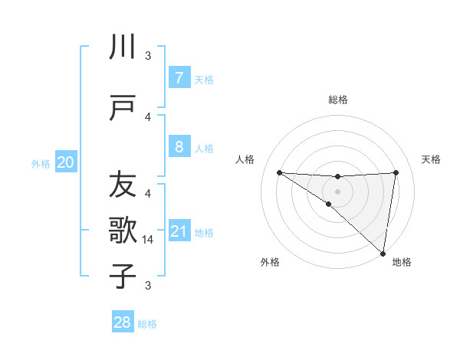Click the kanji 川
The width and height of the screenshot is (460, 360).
pos(122,47)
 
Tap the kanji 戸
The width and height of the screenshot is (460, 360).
pos(122,108)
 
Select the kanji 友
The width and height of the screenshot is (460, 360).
pos(122,185)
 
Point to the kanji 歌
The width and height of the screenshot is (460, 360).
pos(122,229)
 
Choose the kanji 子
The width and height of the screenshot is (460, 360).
pos(122,276)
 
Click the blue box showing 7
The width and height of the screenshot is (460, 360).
pos(179,78)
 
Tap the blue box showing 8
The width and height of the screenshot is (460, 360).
pos(179,146)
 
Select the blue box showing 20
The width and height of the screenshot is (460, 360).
pos(66,162)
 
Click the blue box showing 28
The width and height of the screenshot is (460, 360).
pos(122,322)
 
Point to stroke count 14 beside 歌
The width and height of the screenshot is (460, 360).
pos(149,240)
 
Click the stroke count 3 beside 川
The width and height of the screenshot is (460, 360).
pos(148,55)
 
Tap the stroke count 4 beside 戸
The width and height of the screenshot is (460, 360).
pos(148,117)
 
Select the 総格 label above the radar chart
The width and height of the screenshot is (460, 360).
pos(337,100)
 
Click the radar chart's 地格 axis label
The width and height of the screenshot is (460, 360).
pos(402,262)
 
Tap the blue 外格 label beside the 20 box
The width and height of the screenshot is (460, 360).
pos(41,163)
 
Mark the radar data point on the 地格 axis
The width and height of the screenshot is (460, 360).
pos(383,253)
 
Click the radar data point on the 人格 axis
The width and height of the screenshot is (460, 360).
pos(279,172)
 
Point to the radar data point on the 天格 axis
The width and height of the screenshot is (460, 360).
pos(396,172)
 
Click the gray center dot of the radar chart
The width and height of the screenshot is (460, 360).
pos(337,190)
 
